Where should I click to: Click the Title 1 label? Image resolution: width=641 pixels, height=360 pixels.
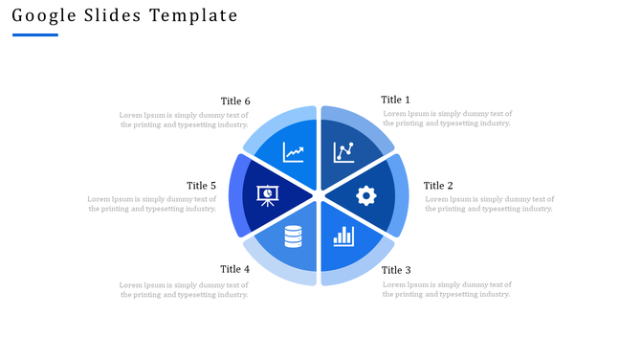click(395, 100)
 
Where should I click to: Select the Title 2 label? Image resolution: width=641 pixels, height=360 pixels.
click(438, 186)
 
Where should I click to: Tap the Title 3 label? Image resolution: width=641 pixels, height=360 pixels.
click(396, 271)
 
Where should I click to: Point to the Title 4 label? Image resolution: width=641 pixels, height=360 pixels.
click(235, 269)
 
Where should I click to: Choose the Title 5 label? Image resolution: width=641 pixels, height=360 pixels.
click(201, 186)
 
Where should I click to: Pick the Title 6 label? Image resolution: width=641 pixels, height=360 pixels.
click(235, 101)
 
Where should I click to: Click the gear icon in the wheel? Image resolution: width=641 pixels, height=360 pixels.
click(365, 195)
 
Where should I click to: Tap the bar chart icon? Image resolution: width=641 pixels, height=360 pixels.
click(343, 236)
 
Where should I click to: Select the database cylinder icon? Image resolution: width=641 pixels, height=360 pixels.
click(293, 236)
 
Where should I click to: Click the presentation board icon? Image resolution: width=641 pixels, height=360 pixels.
click(267, 195)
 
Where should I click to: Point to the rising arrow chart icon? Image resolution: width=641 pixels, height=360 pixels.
click(294, 152)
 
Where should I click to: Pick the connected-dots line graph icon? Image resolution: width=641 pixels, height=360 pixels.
click(343, 152)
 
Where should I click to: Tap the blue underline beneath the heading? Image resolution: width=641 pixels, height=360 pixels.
click(35, 35)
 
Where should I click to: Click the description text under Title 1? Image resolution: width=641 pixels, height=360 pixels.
click(447, 119)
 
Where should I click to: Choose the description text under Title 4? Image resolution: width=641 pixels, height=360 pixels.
click(184, 289)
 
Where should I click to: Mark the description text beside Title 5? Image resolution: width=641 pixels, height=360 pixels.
click(151, 204)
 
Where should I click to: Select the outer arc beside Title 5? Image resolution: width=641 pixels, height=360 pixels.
click(235, 195)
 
